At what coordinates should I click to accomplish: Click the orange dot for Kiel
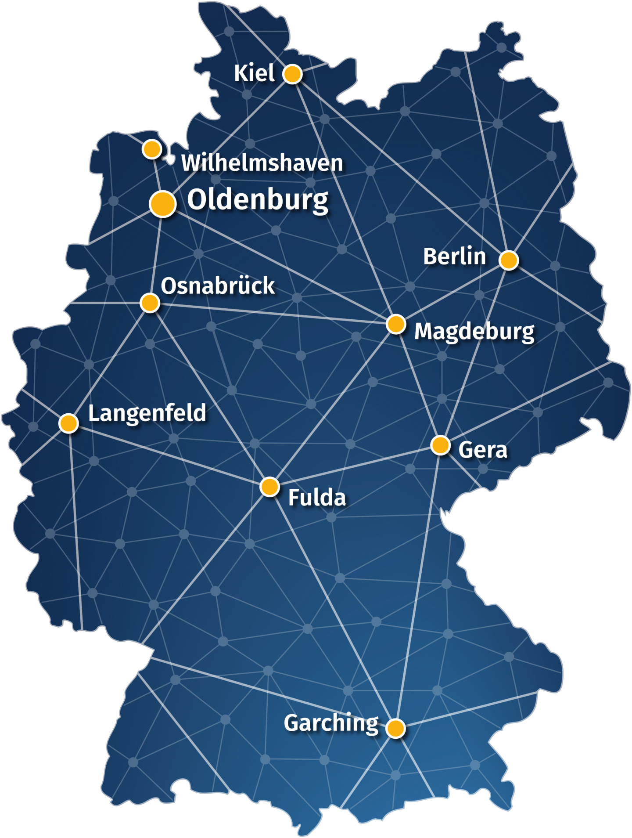292,74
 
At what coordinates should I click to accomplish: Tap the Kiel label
254,73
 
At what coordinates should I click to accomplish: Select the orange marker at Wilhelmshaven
152,149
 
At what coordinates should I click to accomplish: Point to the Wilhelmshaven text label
262,163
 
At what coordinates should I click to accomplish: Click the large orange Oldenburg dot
163,203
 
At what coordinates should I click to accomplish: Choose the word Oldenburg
258,200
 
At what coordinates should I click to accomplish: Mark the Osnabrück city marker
150,303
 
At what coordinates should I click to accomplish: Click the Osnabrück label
218,286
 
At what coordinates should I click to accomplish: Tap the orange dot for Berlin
509,260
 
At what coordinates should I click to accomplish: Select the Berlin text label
454,256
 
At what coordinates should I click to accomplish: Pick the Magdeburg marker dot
396,324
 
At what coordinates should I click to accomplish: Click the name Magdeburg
474,332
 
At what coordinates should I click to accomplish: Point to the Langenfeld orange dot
69,423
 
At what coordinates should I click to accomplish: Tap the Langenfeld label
147,413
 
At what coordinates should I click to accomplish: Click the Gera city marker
440,445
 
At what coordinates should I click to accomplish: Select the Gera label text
483,450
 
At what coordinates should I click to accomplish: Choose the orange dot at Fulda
269,487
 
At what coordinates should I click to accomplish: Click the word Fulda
317,498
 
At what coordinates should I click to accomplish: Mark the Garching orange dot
396,728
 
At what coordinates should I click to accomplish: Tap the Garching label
331,723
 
